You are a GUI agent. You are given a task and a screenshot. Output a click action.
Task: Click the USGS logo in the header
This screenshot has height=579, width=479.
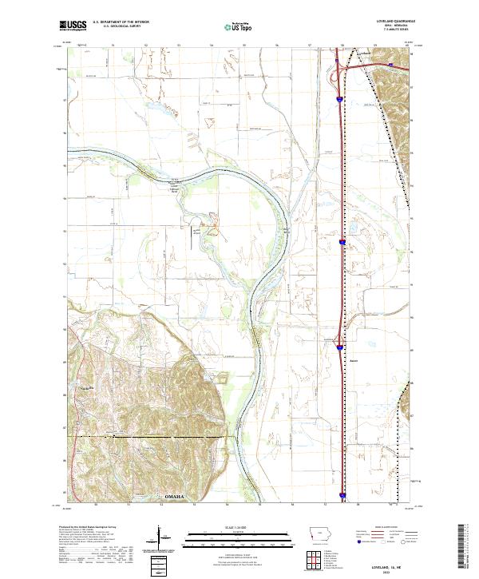tap(77, 26)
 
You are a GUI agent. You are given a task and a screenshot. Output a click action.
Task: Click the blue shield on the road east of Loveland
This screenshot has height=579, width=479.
tap(390, 65)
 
